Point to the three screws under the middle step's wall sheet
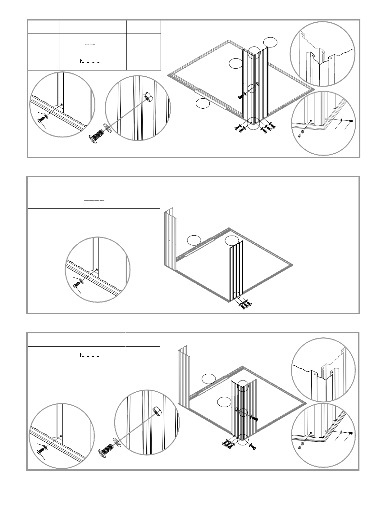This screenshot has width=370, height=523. coord(244,304)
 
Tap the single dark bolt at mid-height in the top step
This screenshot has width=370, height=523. coord(241,97)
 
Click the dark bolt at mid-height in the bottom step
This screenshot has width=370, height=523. coord(254,418)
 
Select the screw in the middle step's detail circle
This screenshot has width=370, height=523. coord(76,284)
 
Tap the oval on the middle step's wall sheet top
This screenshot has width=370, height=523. coord(232,240)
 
